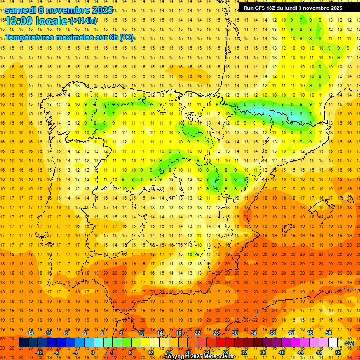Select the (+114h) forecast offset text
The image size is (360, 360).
click(83, 21)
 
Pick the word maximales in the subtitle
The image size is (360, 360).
click(75, 37)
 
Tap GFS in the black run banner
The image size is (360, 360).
click(262, 8)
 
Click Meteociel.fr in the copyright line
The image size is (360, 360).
click(217, 357)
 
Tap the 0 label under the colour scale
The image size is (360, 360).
click(93, 352)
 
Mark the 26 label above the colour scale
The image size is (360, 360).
click(216, 333)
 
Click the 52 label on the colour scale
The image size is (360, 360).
click(338, 352)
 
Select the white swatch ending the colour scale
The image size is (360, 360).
click(333, 343)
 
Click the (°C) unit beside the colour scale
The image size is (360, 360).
click(349, 343)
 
